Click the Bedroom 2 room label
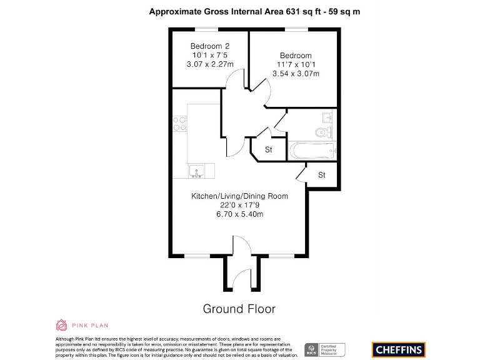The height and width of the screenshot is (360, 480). click(x=210, y=46)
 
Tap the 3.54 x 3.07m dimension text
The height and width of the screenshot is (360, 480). click(x=296, y=74)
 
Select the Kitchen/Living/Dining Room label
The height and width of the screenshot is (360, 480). click(x=239, y=196)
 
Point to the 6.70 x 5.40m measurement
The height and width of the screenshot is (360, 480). click(x=239, y=214)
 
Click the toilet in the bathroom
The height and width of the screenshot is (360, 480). click(x=322, y=132)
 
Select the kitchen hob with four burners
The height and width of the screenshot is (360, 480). click(x=180, y=123)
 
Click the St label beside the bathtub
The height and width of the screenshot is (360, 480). click(x=269, y=150)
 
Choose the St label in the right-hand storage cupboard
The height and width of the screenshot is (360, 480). click(x=322, y=175)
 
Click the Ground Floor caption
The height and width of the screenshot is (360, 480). click(x=239, y=309)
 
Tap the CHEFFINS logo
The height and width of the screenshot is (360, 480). click(x=398, y=349)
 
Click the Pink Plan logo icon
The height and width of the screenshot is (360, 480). click(x=61, y=325)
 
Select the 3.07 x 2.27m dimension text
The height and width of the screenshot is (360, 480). click(x=210, y=64)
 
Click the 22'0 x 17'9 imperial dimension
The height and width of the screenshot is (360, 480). click(x=239, y=205)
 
